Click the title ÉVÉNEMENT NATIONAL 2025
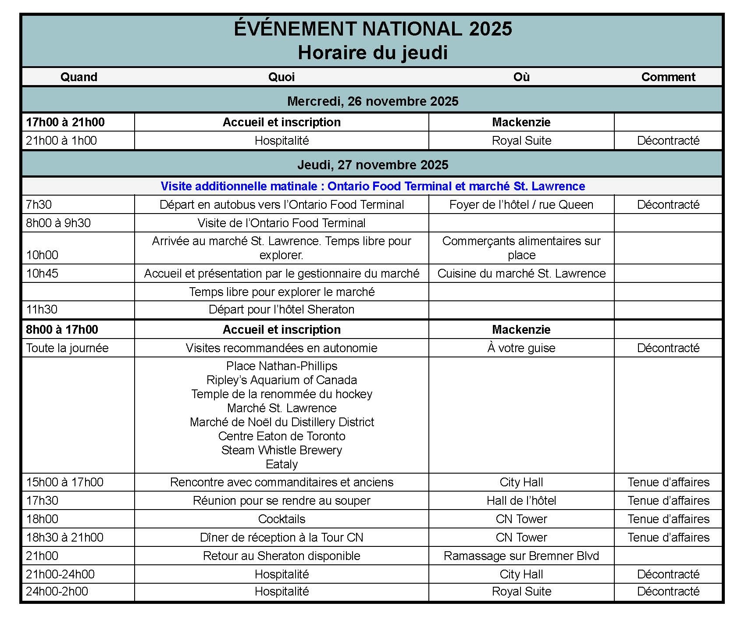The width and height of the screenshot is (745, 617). tap(372, 29)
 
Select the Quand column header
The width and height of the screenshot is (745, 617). tap(78, 77)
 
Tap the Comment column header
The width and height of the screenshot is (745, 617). tap(668, 77)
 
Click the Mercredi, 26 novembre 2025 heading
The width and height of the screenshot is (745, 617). tap(372, 101)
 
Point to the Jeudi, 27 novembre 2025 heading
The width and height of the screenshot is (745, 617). tap(372, 165)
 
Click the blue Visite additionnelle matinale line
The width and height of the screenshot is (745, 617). tap(372, 186)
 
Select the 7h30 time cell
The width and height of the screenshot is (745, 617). tap(39, 205)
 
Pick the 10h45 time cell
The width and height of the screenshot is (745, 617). tap(42, 274)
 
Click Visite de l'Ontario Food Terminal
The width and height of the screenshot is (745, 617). tap(281, 223)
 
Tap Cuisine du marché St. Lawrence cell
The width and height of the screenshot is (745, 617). tap(521, 274)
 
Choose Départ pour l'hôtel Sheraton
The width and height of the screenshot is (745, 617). tap(281, 310)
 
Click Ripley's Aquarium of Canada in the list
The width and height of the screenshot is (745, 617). tap(282, 380)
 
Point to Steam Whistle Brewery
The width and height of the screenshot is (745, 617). tap(282, 450)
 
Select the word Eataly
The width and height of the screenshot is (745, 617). tap(282, 464)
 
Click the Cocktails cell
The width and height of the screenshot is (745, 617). tap(282, 519)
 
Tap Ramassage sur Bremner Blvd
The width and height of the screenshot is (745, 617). tap(521, 556)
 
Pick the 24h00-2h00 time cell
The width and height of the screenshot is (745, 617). tap(57, 592)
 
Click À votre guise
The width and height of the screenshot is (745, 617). tap(521, 348)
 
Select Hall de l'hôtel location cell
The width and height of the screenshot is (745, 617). tap(521, 501)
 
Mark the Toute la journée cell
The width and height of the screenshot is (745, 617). tap(67, 348)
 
